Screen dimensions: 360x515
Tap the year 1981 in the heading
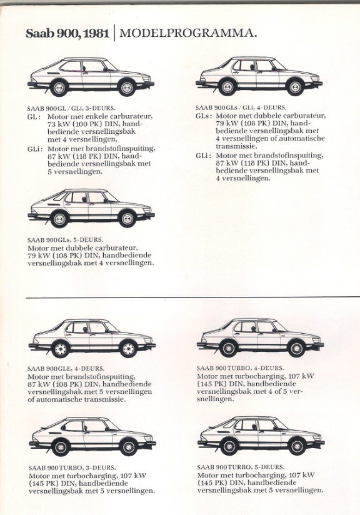(x=96, y=34)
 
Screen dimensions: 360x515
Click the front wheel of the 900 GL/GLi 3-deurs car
(x=127, y=87)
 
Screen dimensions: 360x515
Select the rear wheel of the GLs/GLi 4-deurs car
(x=227, y=87)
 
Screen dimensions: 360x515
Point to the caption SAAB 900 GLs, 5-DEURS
(x=65, y=240)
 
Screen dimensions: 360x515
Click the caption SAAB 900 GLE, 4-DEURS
(x=66, y=369)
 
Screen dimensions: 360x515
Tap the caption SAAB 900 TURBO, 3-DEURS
(x=72, y=467)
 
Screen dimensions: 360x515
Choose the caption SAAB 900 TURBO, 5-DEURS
(x=241, y=467)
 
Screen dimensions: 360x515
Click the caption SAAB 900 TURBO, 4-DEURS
(x=240, y=368)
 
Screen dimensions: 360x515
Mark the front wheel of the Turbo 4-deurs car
(x=297, y=348)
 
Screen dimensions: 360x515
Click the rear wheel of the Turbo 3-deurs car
(x=61, y=447)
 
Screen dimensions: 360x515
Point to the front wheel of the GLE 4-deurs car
(x=128, y=349)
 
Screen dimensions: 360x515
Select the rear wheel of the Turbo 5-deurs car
(x=229, y=447)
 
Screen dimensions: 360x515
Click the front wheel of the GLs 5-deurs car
(x=127, y=219)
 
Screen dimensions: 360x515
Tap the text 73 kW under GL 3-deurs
(x=57, y=124)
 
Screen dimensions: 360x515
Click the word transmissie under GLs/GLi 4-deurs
(x=236, y=146)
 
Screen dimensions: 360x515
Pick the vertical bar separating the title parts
(x=114, y=33)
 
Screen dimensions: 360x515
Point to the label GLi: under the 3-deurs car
(x=35, y=149)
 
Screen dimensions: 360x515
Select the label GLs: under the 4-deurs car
(x=204, y=116)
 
